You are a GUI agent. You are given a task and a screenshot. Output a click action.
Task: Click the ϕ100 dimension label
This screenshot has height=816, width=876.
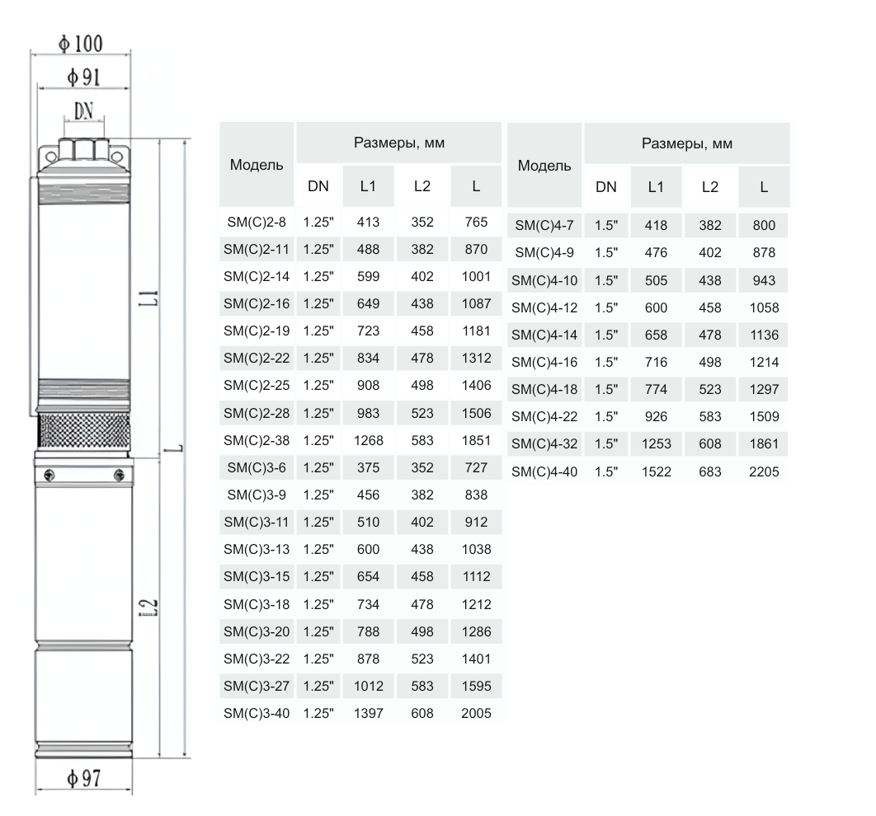tap(81, 44)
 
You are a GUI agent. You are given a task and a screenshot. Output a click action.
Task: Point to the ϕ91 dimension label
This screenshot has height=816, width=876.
tap(84, 77)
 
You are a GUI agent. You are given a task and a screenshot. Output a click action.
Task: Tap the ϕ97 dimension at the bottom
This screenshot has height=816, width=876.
tap(84, 777)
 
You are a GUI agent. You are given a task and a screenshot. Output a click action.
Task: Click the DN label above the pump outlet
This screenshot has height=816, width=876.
tap(84, 111)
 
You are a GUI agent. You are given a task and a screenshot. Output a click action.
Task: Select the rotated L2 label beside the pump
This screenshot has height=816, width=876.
tap(148, 607)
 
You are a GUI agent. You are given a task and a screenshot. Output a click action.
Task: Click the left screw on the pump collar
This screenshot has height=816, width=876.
tap(49, 476)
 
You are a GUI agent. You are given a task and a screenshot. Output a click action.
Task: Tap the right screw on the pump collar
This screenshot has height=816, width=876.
tap(119, 476)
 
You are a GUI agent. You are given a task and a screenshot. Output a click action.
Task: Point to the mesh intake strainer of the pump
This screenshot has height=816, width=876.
tap(84, 431)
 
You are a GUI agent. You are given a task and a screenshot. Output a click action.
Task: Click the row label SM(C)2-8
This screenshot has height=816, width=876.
tap(257, 223)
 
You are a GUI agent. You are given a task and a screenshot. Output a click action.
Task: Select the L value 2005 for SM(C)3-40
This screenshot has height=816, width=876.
tap(476, 713)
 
